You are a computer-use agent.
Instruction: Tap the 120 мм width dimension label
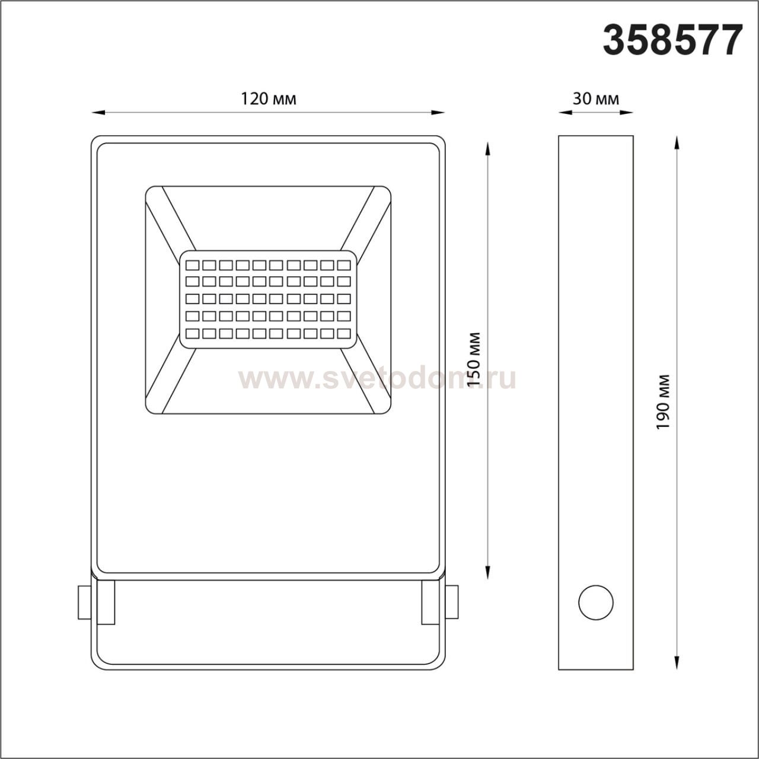(x=268, y=99)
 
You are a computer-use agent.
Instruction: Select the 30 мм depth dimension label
(x=595, y=99)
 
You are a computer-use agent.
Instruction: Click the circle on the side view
(x=596, y=614)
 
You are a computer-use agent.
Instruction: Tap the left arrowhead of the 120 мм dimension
(x=98, y=113)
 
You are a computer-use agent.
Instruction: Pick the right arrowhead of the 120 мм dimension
(x=438, y=113)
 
